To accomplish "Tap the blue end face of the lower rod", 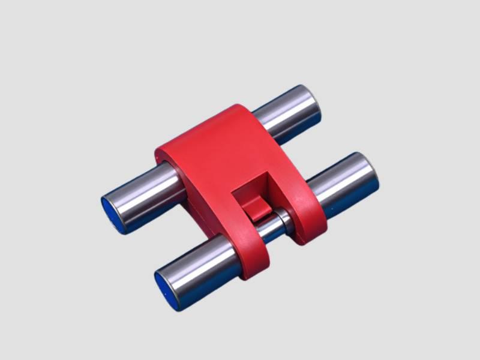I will (165, 289).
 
